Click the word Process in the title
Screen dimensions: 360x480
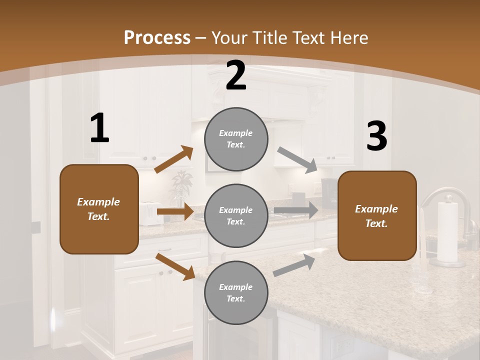157,38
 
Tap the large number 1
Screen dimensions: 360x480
99,128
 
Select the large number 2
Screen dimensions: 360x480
236,75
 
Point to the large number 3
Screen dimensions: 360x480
376,136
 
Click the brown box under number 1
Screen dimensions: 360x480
99,209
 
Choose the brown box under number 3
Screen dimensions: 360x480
377,216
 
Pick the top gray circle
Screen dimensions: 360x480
236,139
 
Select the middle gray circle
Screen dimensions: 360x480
236,216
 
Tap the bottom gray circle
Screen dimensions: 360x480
236,293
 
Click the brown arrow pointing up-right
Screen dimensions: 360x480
173,159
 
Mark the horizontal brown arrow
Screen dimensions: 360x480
174,211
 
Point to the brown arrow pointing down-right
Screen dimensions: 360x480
175,266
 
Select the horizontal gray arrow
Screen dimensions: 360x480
295,210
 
